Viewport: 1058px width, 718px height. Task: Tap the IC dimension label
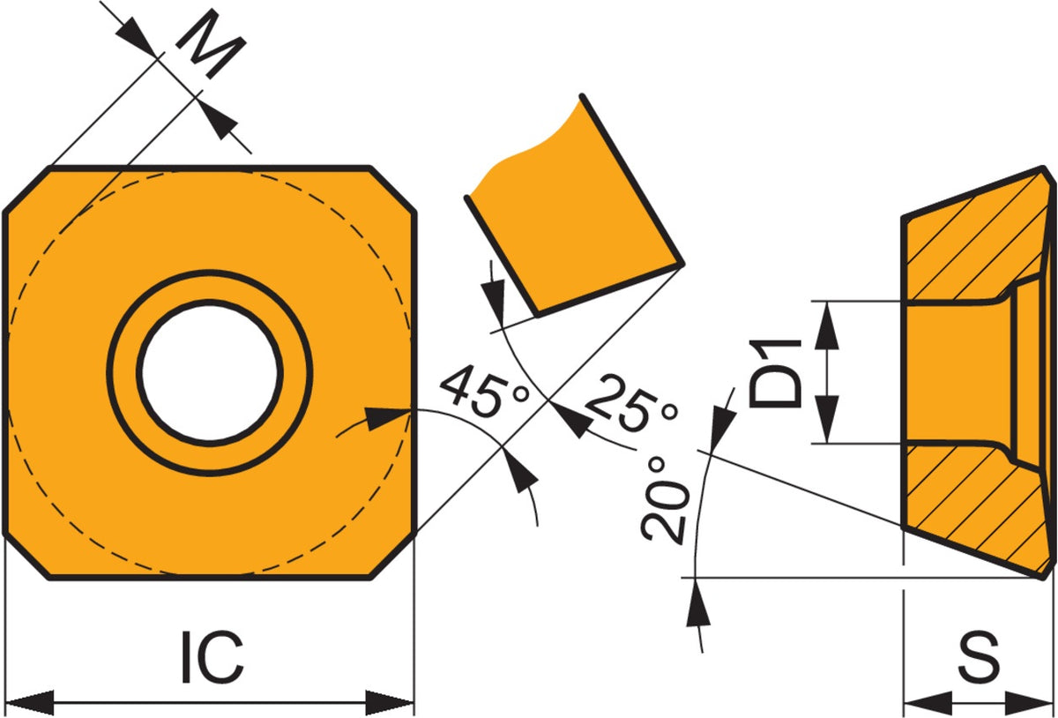point(212,656)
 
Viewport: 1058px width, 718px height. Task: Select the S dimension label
point(979,656)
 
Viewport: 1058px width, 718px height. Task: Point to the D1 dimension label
point(775,373)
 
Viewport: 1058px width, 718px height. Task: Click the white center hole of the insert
point(210,372)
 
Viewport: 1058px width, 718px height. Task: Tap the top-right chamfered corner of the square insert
point(393,190)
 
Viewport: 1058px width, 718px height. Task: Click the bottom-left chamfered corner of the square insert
point(27,554)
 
